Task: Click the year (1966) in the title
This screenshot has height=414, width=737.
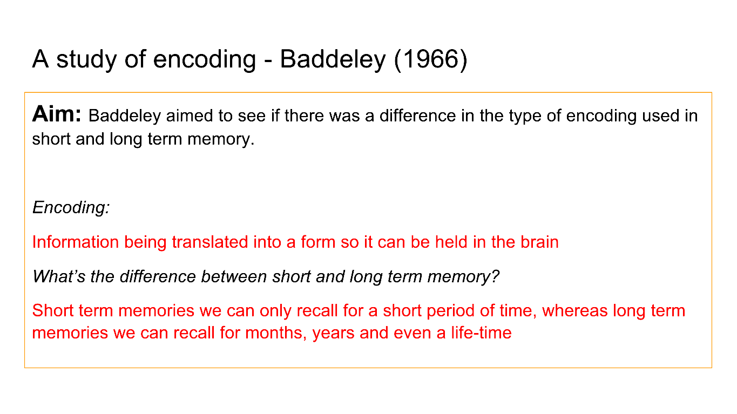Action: click(431, 59)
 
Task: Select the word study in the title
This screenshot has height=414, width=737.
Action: click(86, 60)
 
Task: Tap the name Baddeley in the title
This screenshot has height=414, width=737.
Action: click(333, 60)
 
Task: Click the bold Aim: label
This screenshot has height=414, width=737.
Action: click(57, 114)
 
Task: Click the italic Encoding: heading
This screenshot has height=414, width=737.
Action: click(71, 208)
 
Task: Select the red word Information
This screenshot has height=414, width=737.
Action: click(76, 242)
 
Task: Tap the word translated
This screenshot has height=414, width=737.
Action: click(209, 242)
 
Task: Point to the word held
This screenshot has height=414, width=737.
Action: click(451, 242)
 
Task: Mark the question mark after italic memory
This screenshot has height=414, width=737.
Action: click(495, 276)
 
